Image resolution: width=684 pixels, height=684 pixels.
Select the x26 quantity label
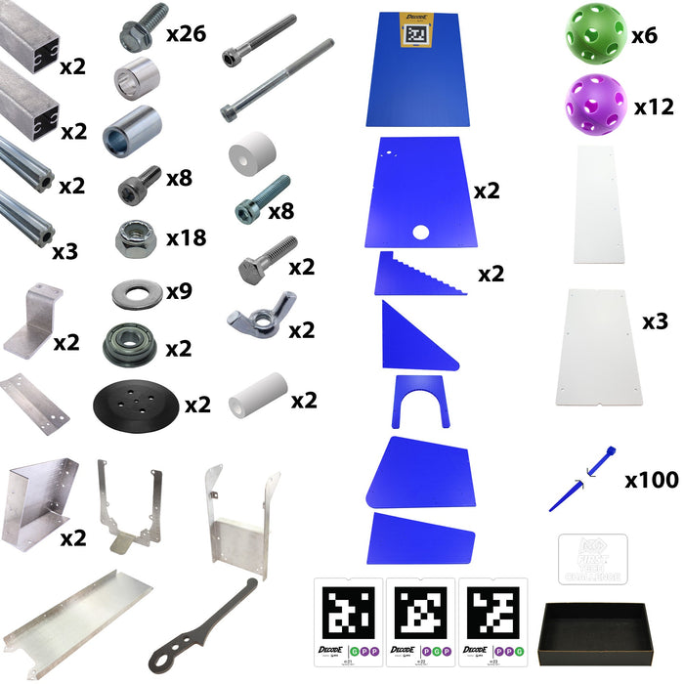click(186, 35)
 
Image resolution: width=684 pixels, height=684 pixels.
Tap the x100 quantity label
click(652, 481)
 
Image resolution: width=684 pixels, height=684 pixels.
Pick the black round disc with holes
click(137, 402)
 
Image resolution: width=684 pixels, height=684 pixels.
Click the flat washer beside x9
click(137, 293)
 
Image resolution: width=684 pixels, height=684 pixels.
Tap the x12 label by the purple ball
click(653, 107)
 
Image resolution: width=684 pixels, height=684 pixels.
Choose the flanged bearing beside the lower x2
click(128, 344)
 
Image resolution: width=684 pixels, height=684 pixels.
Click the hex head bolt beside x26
click(140, 34)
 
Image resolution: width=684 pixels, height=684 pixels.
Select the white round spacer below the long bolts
click(250, 156)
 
